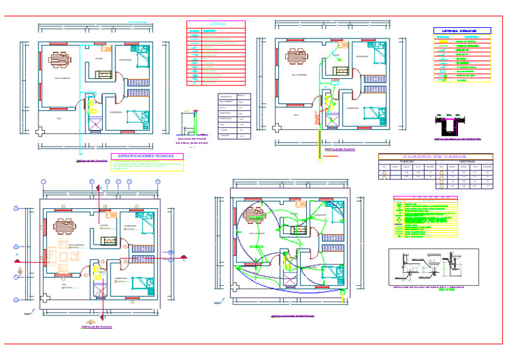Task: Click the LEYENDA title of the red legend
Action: pyautogui.click(x=216, y=24)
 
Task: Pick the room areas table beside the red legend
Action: pyautogui.click(x=235, y=116)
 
